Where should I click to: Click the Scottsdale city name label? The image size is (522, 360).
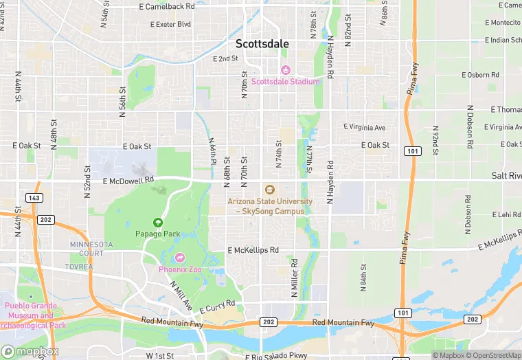[262, 43]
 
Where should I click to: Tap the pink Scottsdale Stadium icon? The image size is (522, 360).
[285, 70]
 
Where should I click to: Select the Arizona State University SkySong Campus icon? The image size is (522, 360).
[269, 190]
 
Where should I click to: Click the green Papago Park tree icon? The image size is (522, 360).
[158, 223]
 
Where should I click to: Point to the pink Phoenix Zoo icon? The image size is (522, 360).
[180, 258]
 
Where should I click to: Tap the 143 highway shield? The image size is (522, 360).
[34, 197]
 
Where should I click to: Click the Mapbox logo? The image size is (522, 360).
[30, 351]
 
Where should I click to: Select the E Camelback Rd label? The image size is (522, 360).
[167, 5]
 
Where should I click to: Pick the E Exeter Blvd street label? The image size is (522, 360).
[170, 24]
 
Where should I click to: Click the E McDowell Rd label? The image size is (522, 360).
[128, 181]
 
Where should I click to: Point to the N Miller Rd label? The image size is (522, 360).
[294, 278]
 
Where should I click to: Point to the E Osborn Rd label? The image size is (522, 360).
[480, 74]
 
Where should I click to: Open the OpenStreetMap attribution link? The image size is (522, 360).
[493, 355]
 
